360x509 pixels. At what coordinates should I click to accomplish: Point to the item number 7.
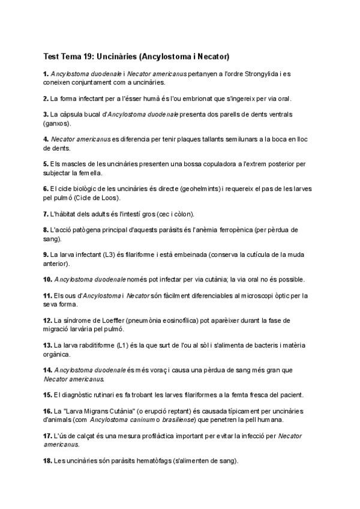(46, 213)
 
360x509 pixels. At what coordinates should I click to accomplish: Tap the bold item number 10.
(48, 279)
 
